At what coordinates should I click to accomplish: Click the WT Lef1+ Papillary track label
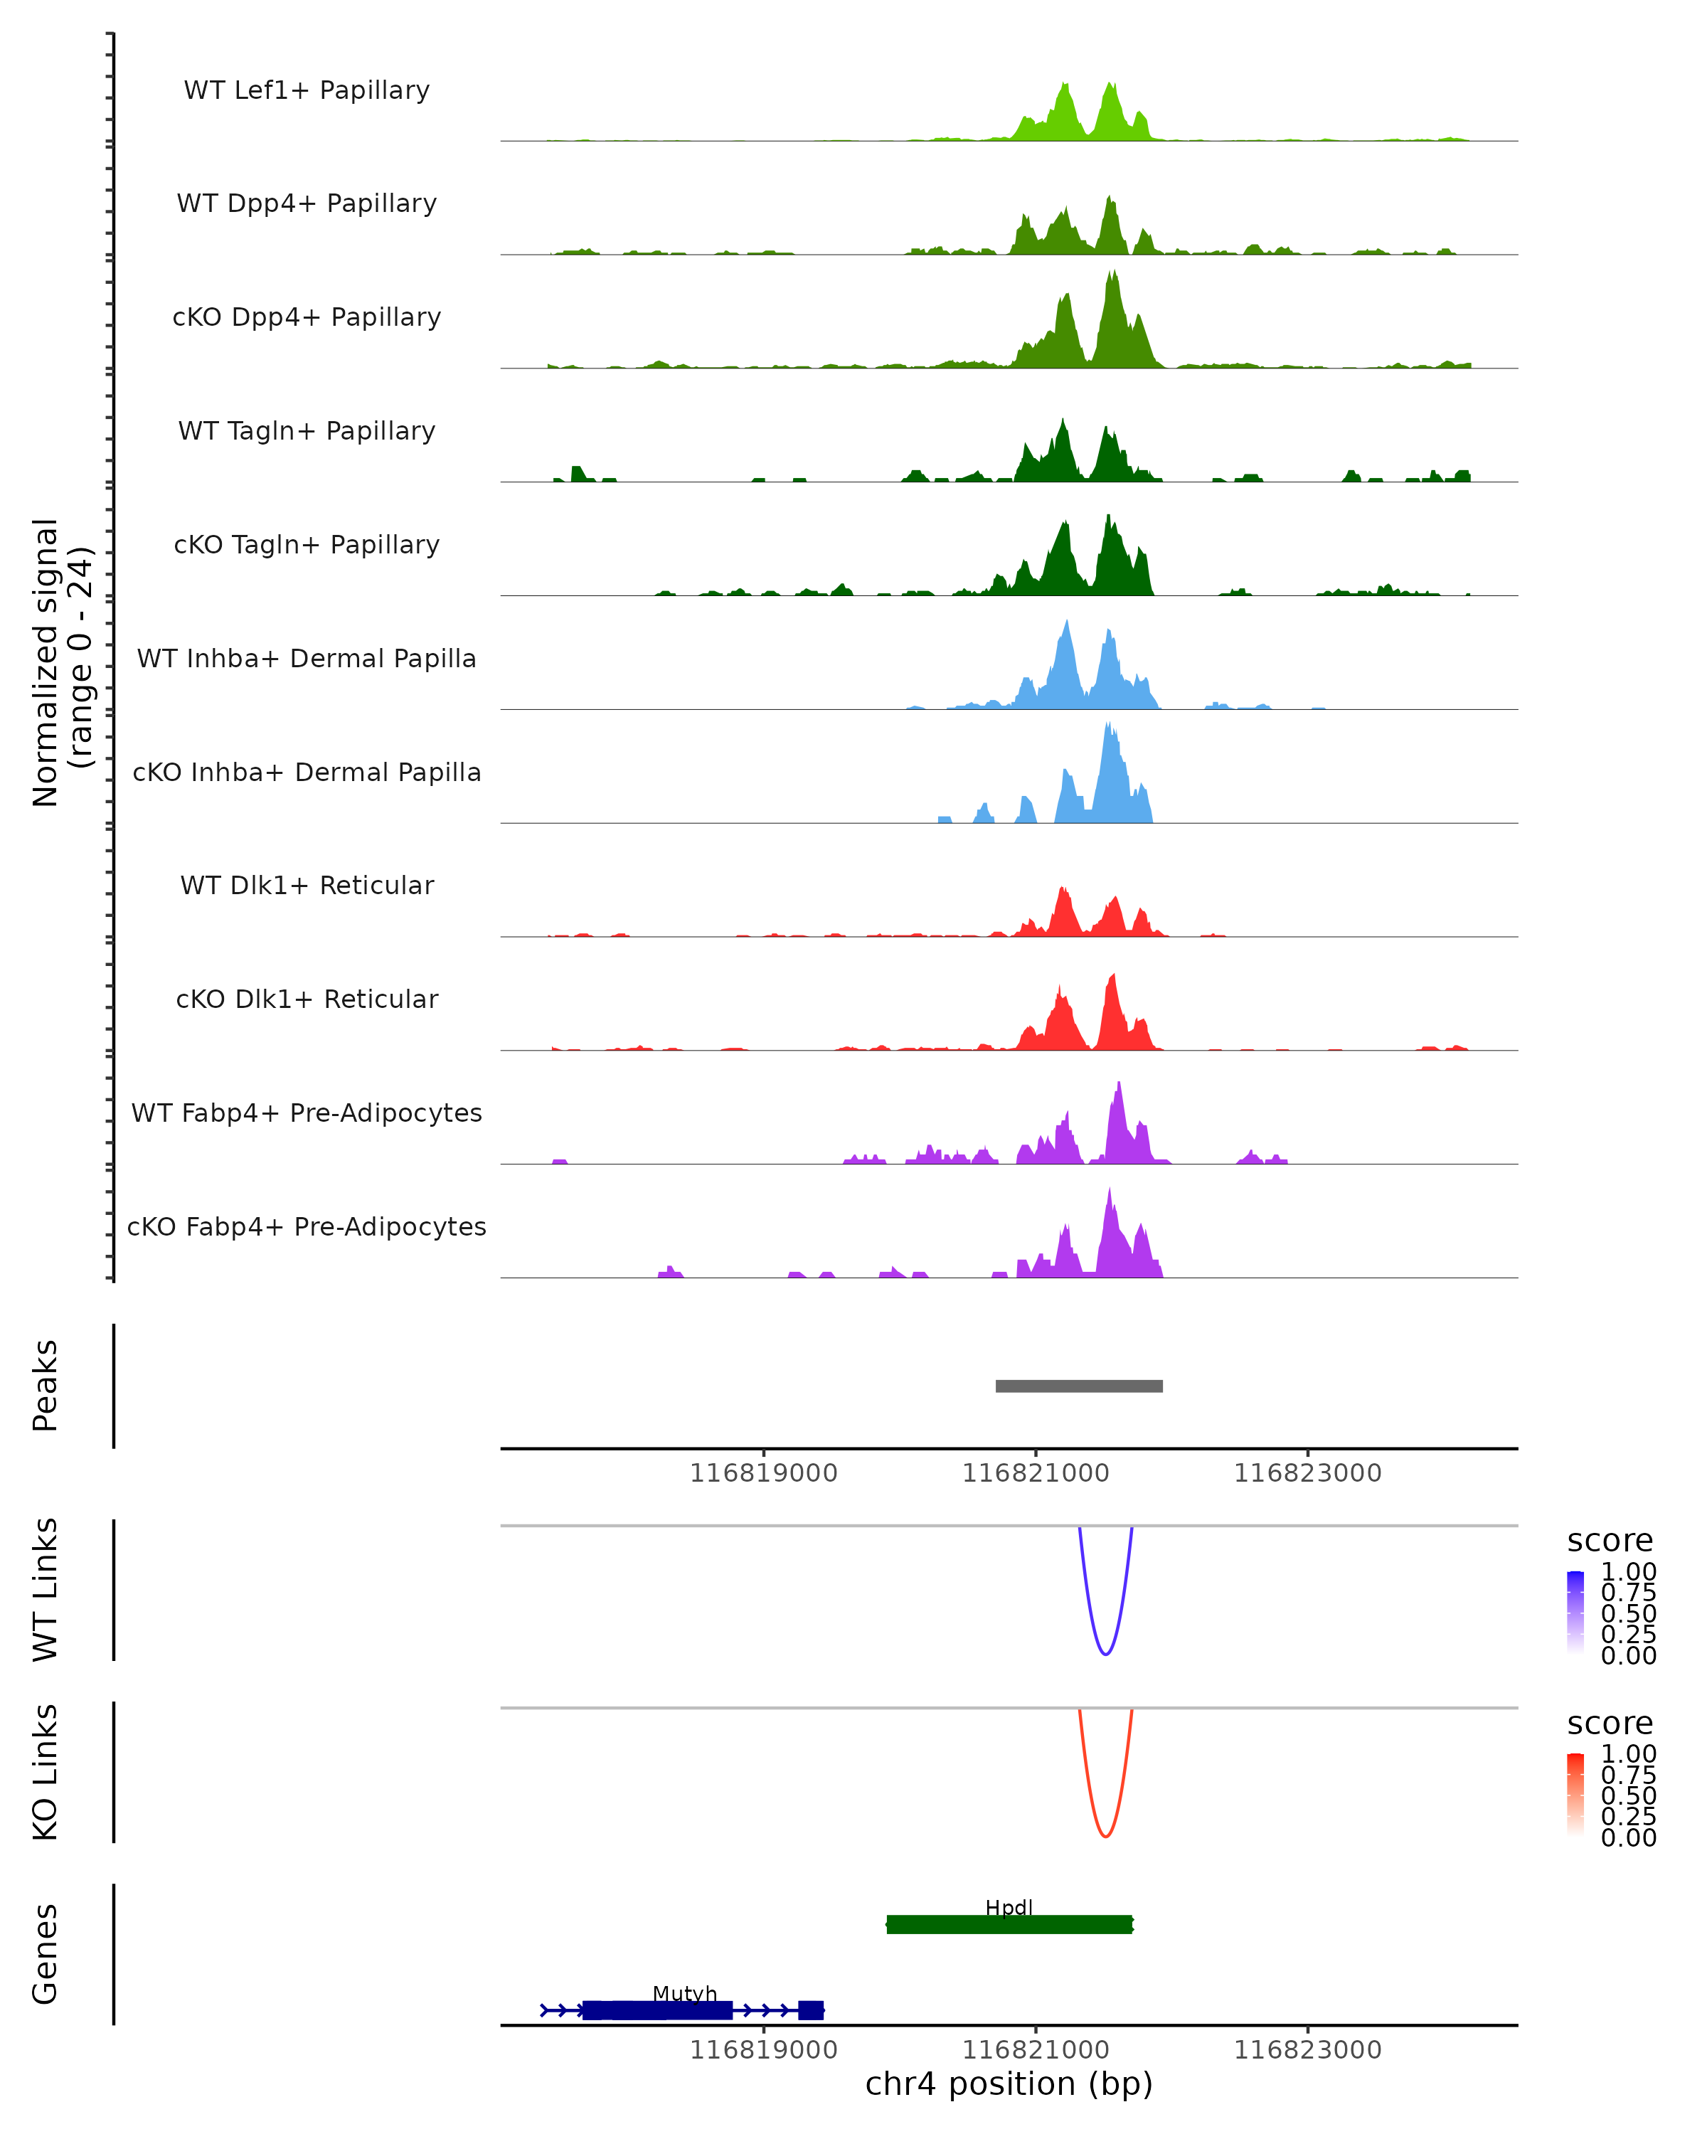(307, 90)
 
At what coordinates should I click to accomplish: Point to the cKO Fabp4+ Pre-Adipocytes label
(307, 1226)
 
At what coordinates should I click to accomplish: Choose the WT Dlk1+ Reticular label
(307, 885)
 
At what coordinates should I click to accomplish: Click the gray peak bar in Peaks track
(1079, 1386)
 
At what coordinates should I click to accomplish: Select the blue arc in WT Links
(1105, 1653)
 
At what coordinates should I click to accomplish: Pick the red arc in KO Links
(1105, 1835)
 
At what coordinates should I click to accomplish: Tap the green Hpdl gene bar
(1009, 1924)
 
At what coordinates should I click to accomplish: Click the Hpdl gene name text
(1009, 1907)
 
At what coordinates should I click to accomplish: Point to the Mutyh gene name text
(685, 1993)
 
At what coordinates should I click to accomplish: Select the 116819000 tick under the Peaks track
(763, 1473)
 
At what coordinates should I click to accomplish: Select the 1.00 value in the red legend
(1629, 1753)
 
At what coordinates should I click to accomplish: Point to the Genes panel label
(46, 1954)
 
